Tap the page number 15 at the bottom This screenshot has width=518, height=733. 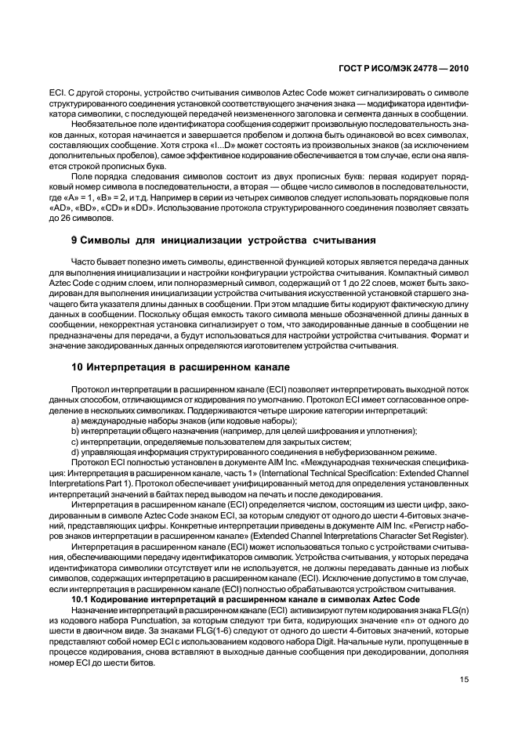coord(464,679)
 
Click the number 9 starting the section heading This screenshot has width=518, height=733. coord(74,239)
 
